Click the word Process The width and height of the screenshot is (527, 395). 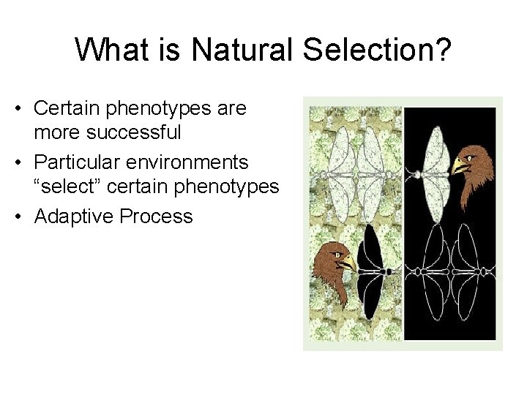pos(159,217)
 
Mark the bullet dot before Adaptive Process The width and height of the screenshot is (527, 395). pos(24,217)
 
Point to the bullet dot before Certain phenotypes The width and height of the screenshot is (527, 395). pos(24,109)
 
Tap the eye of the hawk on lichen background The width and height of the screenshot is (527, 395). pos(336,255)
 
